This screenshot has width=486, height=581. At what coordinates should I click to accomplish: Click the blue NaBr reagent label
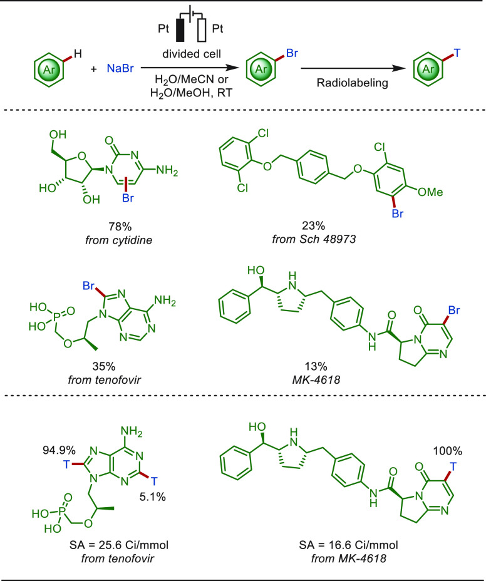pyautogui.click(x=120, y=68)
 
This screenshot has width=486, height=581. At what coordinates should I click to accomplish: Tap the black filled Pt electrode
pyautogui.click(x=180, y=29)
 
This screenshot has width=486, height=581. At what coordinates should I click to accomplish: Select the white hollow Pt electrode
pyautogui.click(x=202, y=29)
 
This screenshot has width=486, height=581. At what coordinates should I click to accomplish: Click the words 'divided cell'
pyautogui.click(x=192, y=54)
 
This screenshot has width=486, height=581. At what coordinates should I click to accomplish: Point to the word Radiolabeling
pyautogui.click(x=352, y=83)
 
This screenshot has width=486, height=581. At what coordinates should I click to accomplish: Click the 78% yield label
pyautogui.click(x=120, y=227)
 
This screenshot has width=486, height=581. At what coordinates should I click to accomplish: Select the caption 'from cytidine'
pyautogui.click(x=118, y=240)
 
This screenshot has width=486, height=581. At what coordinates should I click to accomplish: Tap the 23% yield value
pyautogui.click(x=313, y=225)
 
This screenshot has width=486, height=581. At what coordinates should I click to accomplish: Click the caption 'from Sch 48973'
pyautogui.click(x=314, y=239)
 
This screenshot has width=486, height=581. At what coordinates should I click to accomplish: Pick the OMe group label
pyautogui.click(x=430, y=192)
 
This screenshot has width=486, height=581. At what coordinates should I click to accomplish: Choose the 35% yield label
pyautogui.click(x=104, y=366)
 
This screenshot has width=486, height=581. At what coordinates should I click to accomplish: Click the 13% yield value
pyautogui.click(x=316, y=366)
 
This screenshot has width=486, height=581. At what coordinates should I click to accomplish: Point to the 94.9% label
pyautogui.click(x=59, y=451)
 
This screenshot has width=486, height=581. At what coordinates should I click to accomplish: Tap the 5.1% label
pyautogui.click(x=152, y=497)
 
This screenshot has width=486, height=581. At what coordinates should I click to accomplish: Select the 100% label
pyautogui.click(x=448, y=451)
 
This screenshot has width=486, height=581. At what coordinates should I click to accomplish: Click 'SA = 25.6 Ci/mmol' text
pyautogui.click(x=118, y=545)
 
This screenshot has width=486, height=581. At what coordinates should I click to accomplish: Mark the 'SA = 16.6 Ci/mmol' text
pyautogui.click(x=348, y=545)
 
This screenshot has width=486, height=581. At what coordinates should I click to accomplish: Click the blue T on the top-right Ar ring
pyautogui.click(x=457, y=53)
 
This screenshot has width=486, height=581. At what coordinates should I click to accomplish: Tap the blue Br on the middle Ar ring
pyautogui.click(x=292, y=53)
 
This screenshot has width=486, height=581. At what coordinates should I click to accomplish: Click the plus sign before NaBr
pyautogui.click(x=93, y=69)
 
